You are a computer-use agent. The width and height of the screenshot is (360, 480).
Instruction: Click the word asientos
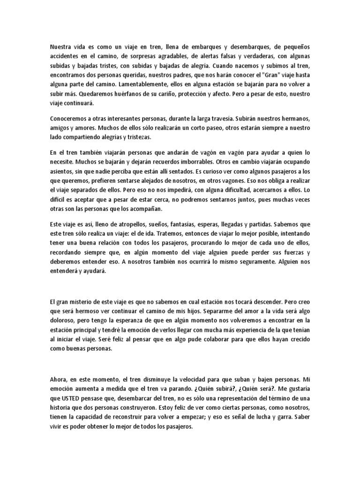coord(61,171)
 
